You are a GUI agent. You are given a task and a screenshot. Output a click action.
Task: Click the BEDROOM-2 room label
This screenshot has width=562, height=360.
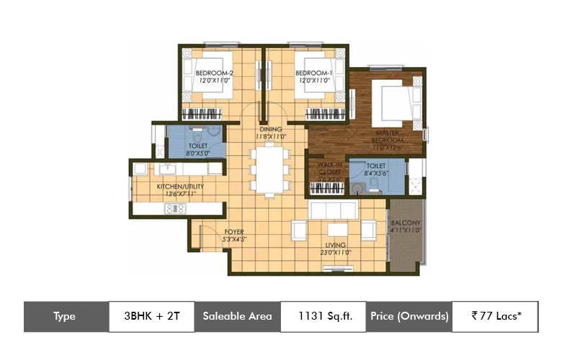[214, 73]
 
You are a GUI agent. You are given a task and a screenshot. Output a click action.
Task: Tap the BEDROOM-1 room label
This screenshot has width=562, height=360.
[313, 73]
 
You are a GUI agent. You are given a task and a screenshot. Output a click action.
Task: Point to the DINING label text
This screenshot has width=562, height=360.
[271, 130]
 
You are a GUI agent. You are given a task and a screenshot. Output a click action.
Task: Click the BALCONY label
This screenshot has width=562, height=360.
[405, 223]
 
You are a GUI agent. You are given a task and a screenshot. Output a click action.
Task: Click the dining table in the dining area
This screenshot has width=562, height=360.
[271, 170]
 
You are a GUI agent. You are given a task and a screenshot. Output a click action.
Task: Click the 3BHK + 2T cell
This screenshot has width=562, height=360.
[151, 316]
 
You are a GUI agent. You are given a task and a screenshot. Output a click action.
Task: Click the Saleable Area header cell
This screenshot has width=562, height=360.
[237, 316]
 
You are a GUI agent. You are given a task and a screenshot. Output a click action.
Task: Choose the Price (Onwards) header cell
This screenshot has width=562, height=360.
[409, 316]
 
